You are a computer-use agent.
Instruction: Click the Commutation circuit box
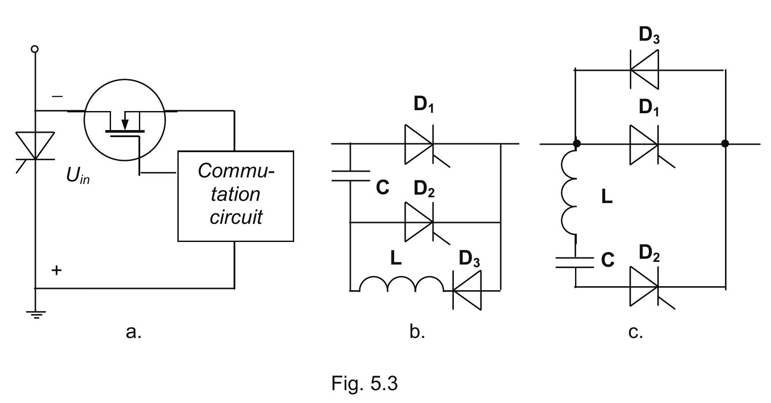(235, 196)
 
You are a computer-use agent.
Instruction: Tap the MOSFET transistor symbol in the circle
(124, 120)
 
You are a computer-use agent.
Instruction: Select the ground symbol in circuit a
(35, 315)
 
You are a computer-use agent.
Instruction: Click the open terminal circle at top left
(35, 49)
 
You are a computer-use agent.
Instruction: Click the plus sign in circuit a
(56, 270)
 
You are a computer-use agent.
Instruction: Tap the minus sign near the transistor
(57, 96)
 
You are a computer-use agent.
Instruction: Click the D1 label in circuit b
(423, 105)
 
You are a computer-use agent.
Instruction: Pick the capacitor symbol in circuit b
(350, 176)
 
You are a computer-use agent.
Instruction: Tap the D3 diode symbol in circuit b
(467, 290)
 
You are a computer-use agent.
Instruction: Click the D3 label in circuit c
(648, 35)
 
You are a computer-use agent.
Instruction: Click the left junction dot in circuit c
(576, 144)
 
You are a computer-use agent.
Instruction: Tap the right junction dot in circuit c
(725, 144)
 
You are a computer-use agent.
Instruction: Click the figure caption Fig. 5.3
(364, 383)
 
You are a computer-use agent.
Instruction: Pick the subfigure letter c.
(635, 331)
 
